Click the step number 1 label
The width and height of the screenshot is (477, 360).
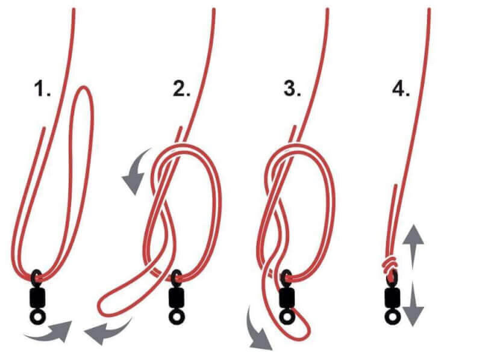pyautogui.click(x=42, y=88)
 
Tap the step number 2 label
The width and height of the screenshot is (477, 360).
pyautogui.click(x=182, y=88)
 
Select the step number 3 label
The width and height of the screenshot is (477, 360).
pyautogui.click(x=292, y=88)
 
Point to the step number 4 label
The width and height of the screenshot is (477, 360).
pyautogui.click(x=402, y=88)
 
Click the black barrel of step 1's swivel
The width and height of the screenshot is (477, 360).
pyautogui.click(x=37, y=297)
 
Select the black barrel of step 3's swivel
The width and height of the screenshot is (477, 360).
pyautogui.click(x=287, y=297)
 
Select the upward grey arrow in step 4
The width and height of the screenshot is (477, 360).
pyautogui.click(x=413, y=247)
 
